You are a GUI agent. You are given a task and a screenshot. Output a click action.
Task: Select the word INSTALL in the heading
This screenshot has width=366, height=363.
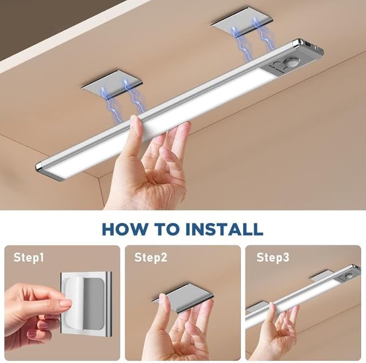(224, 228)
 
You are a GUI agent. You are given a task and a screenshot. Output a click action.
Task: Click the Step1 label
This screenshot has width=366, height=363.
(29, 258)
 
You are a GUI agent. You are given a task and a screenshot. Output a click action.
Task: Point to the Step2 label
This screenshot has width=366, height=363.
(150, 258)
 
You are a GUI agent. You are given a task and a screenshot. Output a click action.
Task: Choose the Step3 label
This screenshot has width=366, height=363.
(273, 258)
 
